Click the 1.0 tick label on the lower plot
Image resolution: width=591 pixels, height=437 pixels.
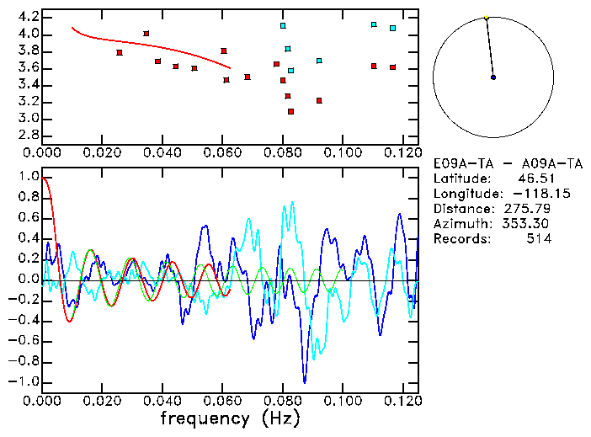(29, 177)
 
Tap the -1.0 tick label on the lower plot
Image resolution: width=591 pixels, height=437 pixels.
(25, 381)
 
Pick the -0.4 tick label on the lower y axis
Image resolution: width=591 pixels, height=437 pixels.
(25, 320)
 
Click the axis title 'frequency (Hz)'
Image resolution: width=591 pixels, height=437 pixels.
(229, 418)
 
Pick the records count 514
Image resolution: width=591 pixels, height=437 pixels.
(540, 239)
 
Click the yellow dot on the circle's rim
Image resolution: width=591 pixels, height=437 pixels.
(487, 17)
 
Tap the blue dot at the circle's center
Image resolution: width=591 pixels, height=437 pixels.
(493, 77)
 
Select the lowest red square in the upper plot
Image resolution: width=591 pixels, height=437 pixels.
(290, 111)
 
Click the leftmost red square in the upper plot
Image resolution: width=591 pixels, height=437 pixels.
(120, 52)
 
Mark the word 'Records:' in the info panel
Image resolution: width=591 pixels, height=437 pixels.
(461, 239)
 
